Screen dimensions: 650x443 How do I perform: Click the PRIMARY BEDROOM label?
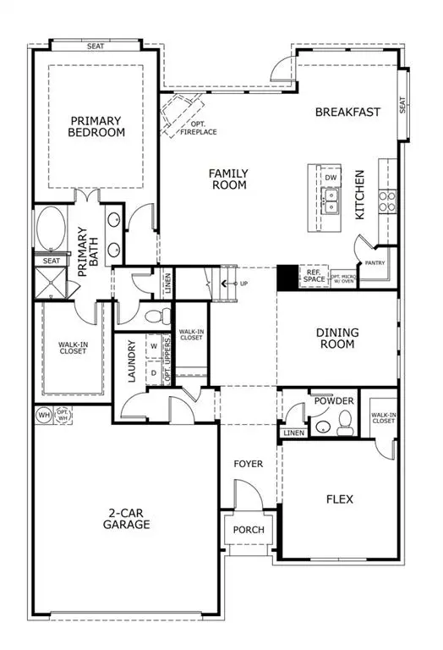(x=97, y=126)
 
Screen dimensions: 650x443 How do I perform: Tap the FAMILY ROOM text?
(x=228, y=179)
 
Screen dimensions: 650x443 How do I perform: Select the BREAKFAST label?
(x=347, y=111)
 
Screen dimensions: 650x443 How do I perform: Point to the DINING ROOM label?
(x=336, y=339)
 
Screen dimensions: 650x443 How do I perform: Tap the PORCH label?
(x=248, y=531)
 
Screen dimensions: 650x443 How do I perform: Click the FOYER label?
(x=248, y=464)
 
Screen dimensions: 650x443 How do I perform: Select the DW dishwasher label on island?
(x=331, y=178)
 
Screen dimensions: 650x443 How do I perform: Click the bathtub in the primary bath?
(x=52, y=229)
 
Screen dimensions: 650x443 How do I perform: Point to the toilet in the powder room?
(x=344, y=421)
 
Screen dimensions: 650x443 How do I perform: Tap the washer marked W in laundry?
(x=154, y=345)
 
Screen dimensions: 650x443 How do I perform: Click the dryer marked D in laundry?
(x=154, y=371)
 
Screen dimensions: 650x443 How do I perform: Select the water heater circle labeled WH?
(x=44, y=415)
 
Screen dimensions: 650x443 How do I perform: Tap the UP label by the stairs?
(x=243, y=283)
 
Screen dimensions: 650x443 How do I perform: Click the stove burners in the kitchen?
(x=386, y=201)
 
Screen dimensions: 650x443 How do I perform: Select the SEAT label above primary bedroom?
(x=95, y=46)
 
